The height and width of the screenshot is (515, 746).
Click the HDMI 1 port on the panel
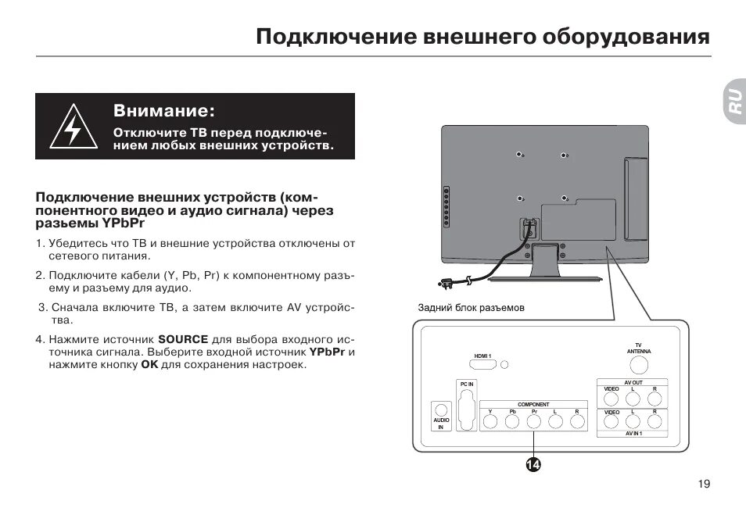click(x=482, y=364)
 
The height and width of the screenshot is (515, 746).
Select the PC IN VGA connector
click(x=466, y=408)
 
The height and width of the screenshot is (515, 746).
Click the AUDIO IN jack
click(x=440, y=409)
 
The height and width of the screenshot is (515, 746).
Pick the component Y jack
click(x=490, y=422)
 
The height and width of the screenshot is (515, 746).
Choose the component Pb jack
click(x=512, y=422)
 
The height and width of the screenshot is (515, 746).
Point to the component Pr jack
click(x=534, y=422)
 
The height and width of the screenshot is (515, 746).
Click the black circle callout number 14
click(x=533, y=465)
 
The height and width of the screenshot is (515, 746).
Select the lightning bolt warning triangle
click(x=72, y=127)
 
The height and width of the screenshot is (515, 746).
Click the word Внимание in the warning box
click(x=163, y=109)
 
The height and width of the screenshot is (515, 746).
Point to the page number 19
click(x=704, y=485)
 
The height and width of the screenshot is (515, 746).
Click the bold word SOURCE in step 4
click(x=183, y=340)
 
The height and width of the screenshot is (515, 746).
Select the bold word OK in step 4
click(x=149, y=365)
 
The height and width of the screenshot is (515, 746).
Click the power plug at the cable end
click(x=447, y=282)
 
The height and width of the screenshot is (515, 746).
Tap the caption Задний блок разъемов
click(x=471, y=308)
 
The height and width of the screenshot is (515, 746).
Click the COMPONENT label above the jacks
click(x=533, y=404)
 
